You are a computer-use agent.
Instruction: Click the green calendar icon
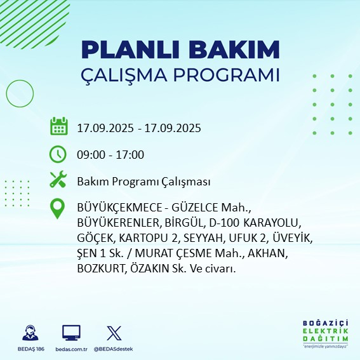[x=58, y=126]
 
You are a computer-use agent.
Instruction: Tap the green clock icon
[x=58, y=154]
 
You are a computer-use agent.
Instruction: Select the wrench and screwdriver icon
[x=58, y=181]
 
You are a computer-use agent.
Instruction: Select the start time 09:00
[x=91, y=154]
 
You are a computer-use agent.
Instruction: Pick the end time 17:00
[x=130, y=154]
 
